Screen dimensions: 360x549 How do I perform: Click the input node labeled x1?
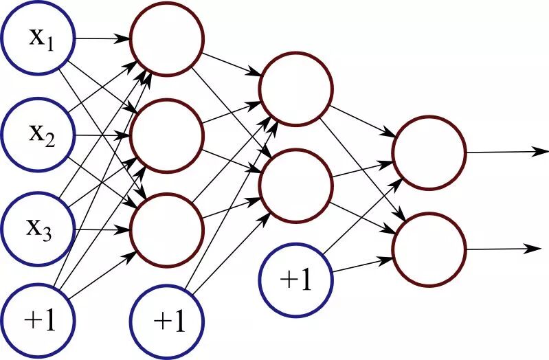pos(38,38)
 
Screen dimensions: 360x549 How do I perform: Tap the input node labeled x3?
pos(38,227)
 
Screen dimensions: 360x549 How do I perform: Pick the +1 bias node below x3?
pos(38,322)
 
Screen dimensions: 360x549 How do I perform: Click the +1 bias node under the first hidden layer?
pos(168,322)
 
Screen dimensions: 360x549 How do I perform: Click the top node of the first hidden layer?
pos(168,38)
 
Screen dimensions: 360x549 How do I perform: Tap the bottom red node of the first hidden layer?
pos(168,227)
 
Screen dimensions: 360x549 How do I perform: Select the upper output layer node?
pos(429,152)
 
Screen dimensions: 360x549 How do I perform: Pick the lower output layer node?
pos(429,249)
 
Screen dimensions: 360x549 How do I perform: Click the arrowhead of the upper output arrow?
pos(543,151)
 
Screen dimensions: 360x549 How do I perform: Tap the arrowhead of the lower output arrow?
pos(543,247)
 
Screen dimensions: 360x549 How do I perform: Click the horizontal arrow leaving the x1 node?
pos(103,38)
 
